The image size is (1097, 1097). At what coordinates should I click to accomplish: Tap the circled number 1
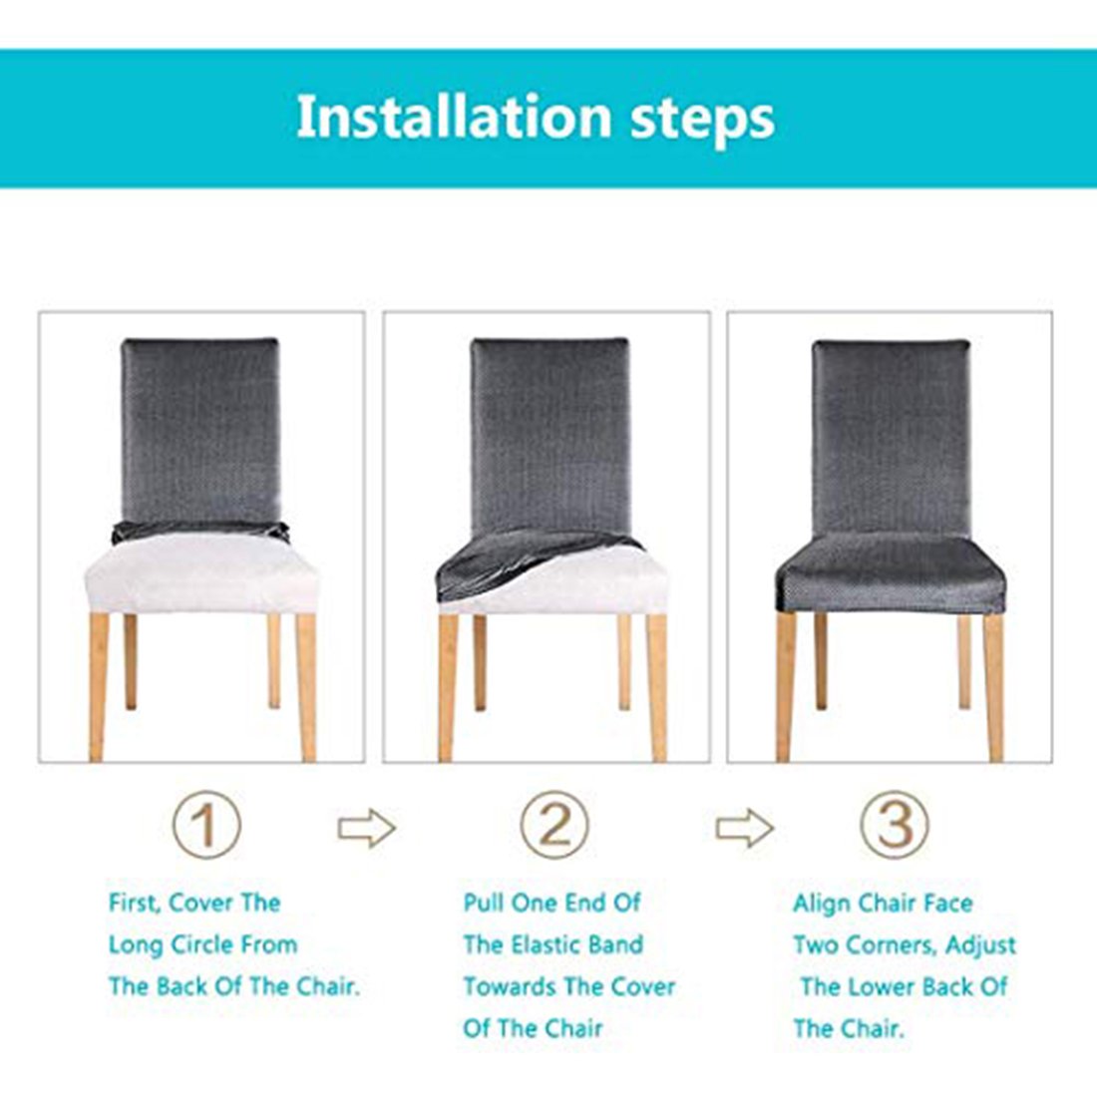point(206,825)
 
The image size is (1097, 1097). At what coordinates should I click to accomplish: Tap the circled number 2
point(554,825)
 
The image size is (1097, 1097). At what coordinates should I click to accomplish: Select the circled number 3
point(895,825)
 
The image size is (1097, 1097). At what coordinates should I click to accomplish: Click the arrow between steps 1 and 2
point(367,829)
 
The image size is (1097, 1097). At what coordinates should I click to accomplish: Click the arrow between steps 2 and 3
point(744,829)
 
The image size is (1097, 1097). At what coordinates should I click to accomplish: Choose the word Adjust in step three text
point(981,946)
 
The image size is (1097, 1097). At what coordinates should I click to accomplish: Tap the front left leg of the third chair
point(787,686)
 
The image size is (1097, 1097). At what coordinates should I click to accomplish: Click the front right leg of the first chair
point(306,687)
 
